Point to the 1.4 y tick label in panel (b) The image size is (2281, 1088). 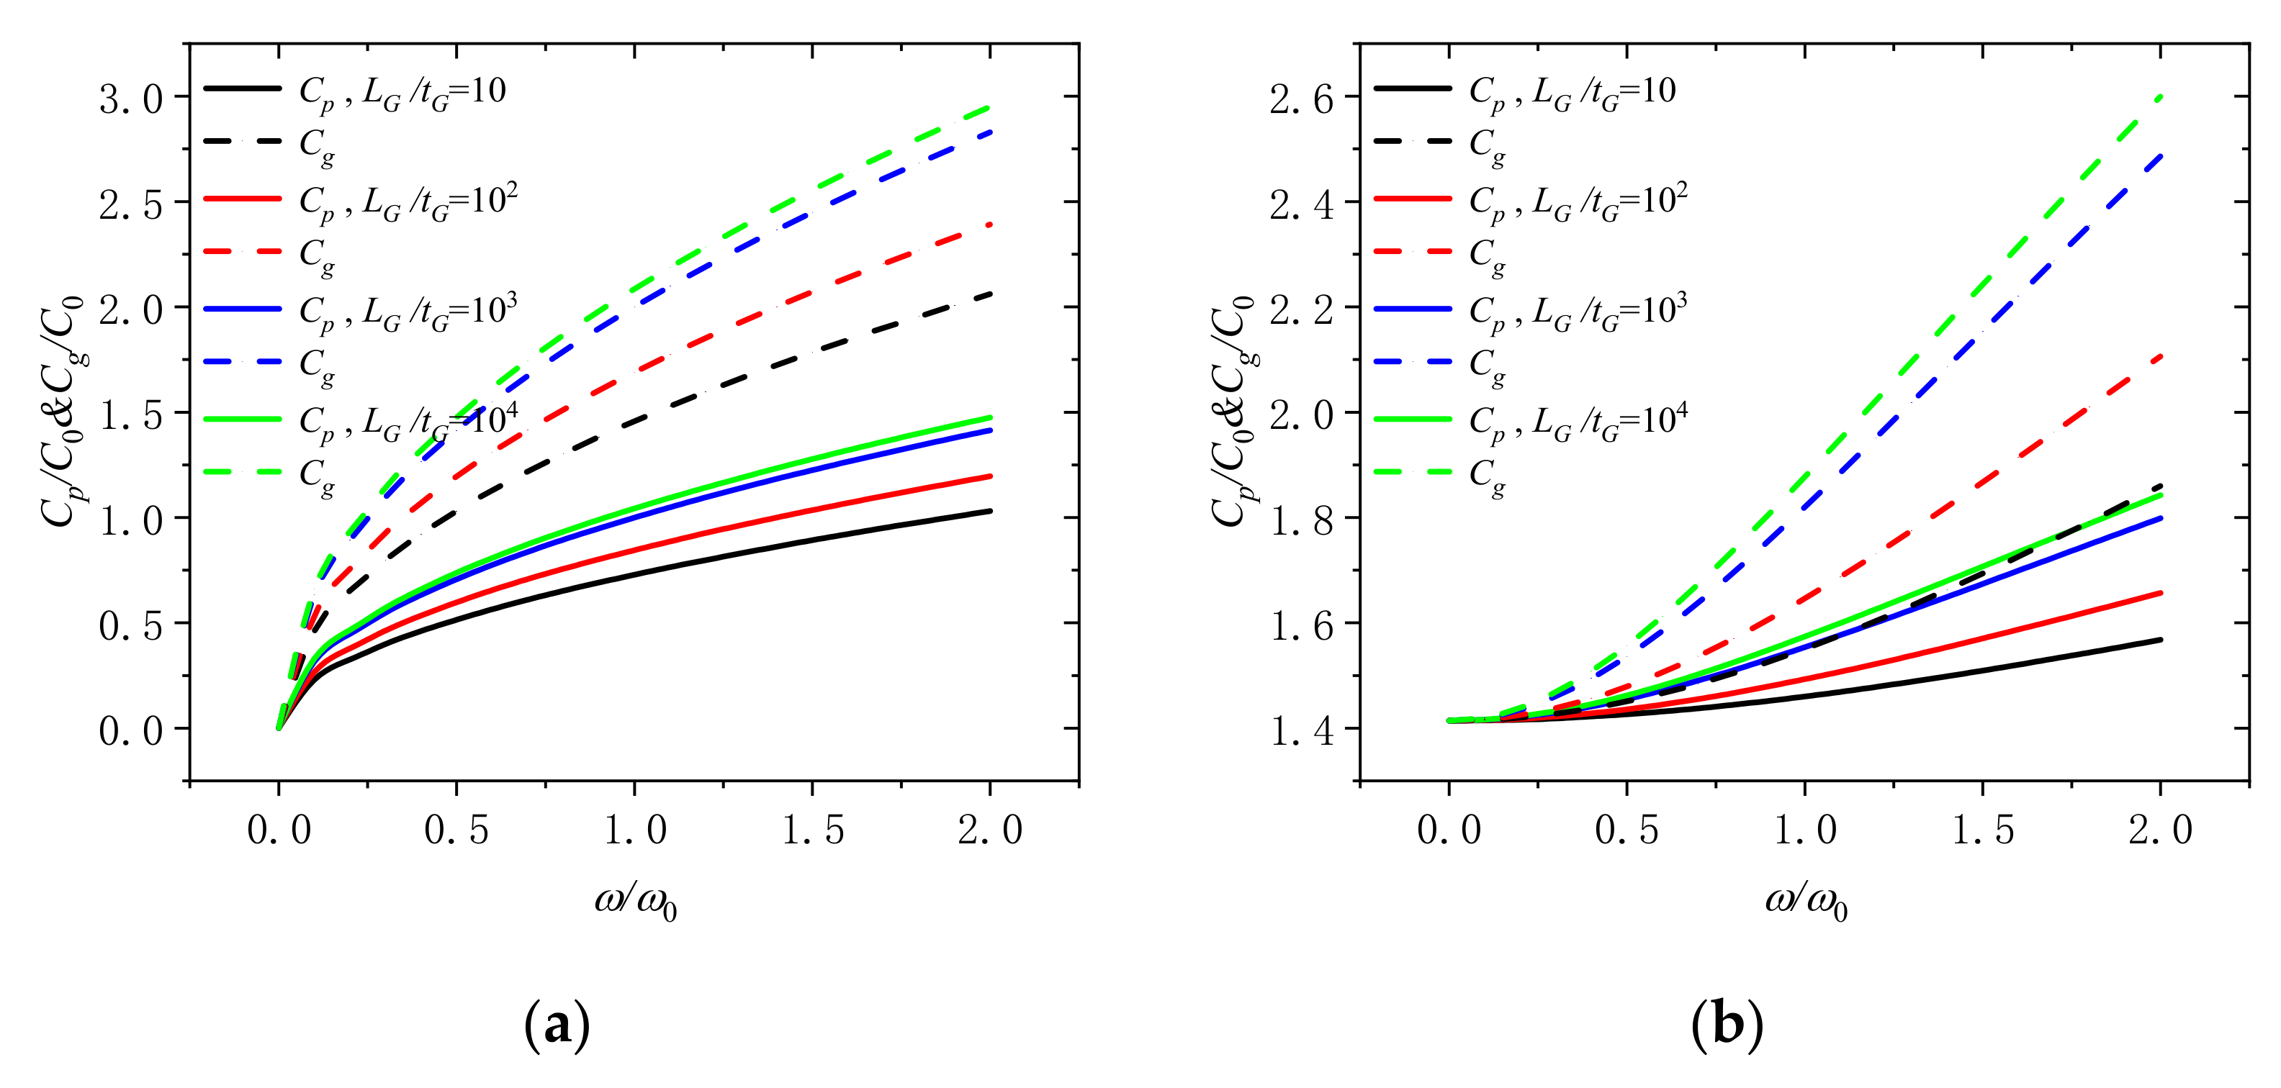1301,732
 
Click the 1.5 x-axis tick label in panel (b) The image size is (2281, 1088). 1983,830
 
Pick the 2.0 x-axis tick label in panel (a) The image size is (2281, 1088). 990,830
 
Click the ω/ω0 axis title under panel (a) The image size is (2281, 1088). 635,902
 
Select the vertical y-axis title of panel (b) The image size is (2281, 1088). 1233,412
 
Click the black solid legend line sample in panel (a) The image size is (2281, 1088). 243,89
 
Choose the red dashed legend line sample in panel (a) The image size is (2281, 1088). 243,253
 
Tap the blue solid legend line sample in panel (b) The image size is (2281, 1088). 1413,309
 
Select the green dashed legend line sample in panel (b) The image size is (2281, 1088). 1413,472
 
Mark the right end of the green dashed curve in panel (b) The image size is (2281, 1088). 2161,96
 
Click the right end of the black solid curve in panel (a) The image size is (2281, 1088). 990,511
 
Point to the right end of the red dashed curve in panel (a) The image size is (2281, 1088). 990,225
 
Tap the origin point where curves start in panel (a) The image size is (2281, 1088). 279,727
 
